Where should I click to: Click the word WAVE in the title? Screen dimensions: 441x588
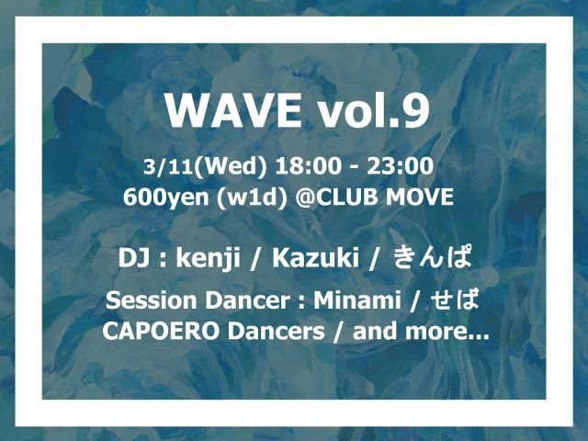point(233,112)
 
